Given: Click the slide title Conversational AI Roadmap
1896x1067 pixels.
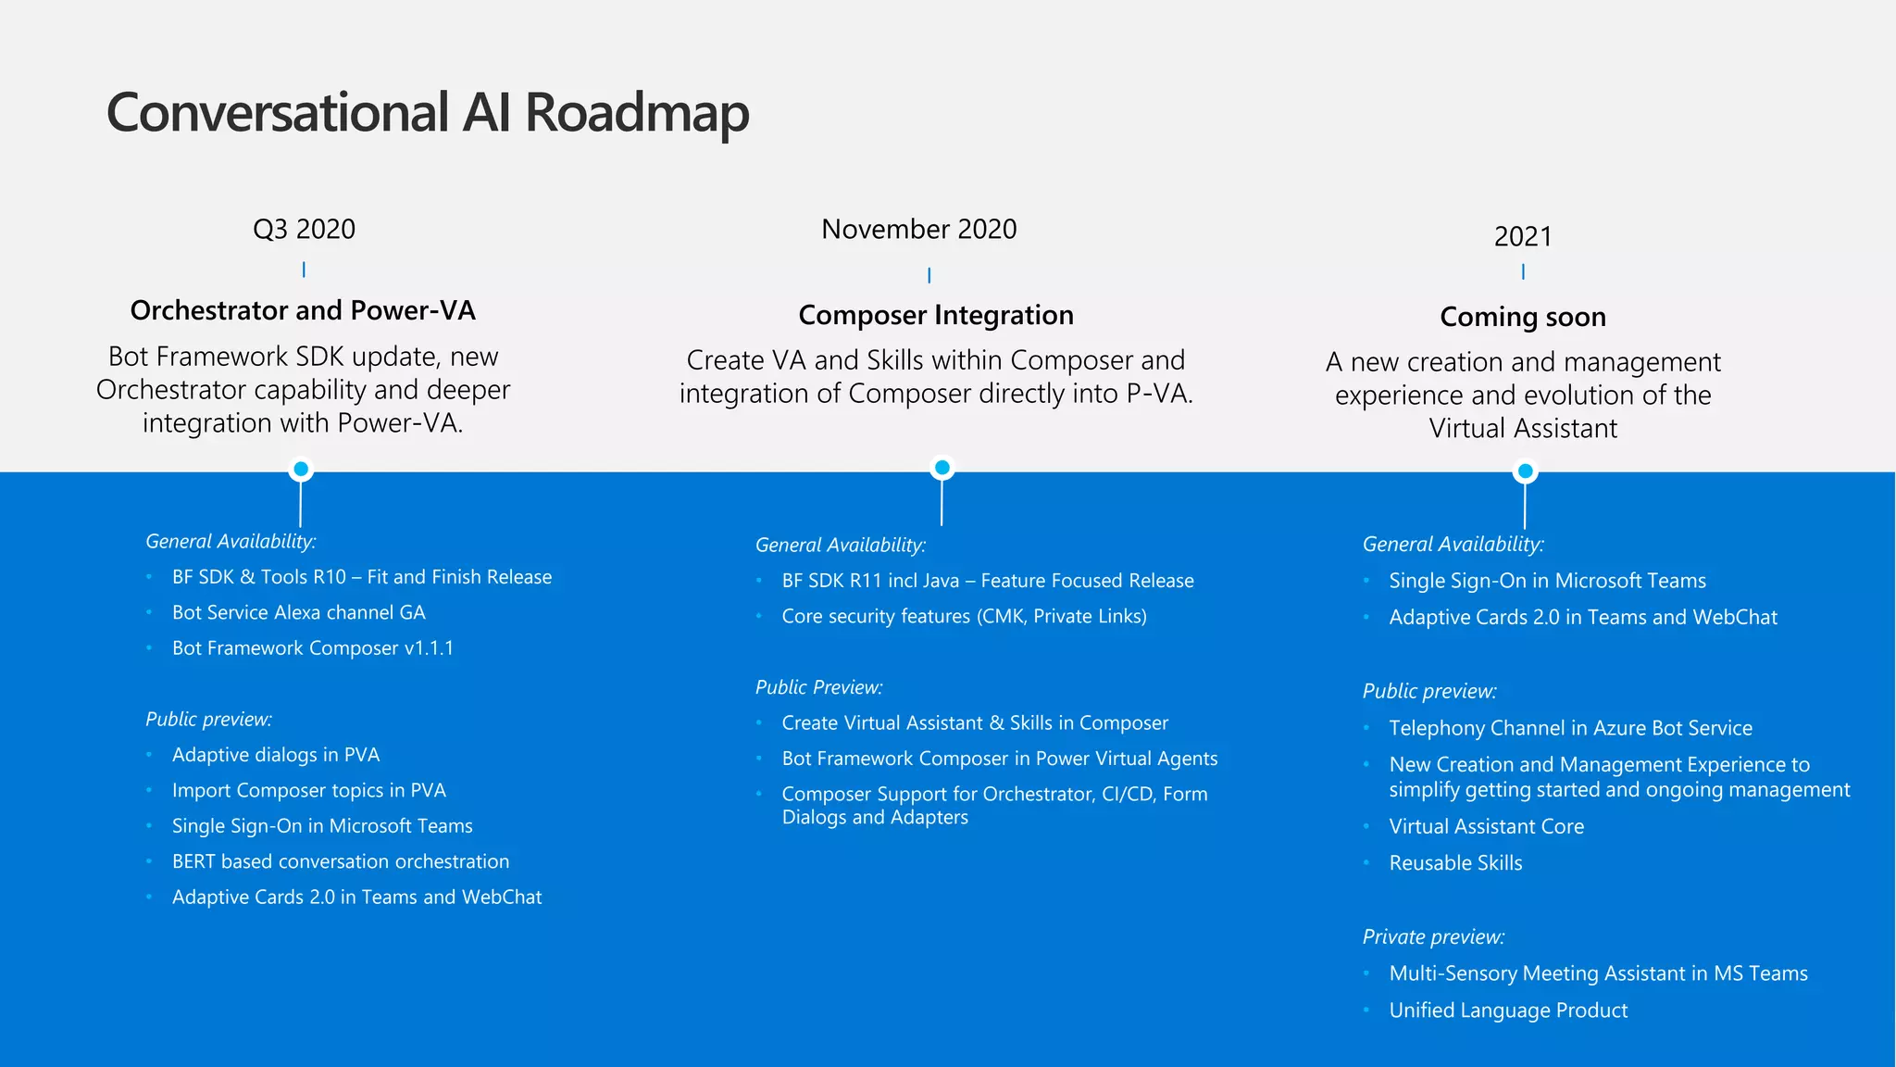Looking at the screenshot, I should [x=427, y=113].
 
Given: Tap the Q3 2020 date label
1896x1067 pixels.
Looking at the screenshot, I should [x=304, y=229].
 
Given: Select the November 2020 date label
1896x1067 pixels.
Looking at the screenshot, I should [x=918, y=229].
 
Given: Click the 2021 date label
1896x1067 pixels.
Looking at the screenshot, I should [x=1522, y=236].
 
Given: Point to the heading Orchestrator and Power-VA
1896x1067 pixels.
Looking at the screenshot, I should [x=303, y=310].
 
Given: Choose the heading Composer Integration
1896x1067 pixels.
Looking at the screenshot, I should [x=935, y=315].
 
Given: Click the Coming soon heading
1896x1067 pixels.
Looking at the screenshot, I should [x=1522, y=317].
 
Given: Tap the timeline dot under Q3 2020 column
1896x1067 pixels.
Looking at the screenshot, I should [x=300, y=469].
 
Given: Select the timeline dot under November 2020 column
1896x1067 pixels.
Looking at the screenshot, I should [x=942, y=468].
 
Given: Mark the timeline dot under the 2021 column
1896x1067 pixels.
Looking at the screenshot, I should [x=1525, y=471].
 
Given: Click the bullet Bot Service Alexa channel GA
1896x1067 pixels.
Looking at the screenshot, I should [x=298, y=612].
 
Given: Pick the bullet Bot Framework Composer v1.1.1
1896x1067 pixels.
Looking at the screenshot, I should [x=313, y=648].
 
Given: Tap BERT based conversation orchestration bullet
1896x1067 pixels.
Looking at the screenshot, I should [x=340, y=861].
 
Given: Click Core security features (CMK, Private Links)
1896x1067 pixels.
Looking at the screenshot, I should [x=964, y=617].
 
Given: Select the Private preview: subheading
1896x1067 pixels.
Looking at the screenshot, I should [x=1433, y=936].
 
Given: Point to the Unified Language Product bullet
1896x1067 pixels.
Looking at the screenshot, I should [x=1507, y=1011].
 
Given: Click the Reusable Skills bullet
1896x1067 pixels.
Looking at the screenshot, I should [x=1455, y=863].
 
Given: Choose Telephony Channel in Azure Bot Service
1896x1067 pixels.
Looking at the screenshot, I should [x=1570, y=728].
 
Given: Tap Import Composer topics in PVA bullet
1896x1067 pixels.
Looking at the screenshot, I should [x=308, y=790].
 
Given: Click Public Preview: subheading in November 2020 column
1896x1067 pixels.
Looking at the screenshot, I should [x=818, y=687].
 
